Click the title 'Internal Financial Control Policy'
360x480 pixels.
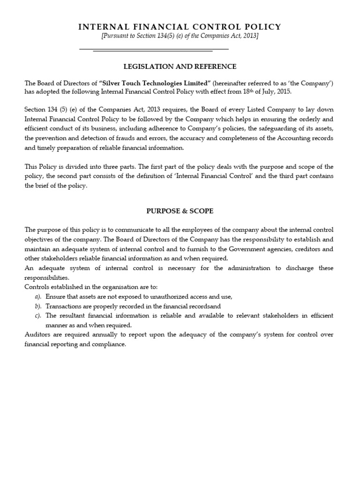(180, 27)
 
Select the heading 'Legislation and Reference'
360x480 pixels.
(180, 67)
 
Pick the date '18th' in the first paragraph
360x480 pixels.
(246, 91)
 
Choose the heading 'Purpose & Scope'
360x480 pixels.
(180, 211)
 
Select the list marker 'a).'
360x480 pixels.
(38, 296)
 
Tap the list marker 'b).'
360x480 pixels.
(38, 306)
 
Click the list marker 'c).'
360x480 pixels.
(38, 315)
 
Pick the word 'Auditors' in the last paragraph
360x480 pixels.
(37, 335)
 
